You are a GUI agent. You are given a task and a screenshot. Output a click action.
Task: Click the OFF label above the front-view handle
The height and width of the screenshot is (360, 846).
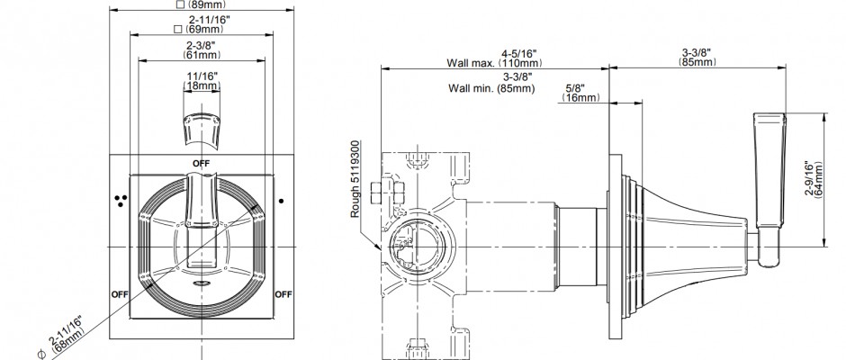[202, 163]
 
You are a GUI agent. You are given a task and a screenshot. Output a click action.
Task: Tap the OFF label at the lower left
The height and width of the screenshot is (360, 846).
[120, 294]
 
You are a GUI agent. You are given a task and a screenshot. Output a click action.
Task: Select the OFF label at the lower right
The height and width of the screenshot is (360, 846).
[283, 294]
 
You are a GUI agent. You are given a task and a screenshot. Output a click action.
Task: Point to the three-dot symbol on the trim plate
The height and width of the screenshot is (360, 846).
[120, 201]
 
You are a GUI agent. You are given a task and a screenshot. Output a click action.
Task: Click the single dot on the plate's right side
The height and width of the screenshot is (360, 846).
[281, 202]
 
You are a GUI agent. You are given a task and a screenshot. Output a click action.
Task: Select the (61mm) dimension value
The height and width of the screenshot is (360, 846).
[202, 55]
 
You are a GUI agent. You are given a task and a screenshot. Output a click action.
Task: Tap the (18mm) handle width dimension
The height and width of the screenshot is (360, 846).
[202, 85]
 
